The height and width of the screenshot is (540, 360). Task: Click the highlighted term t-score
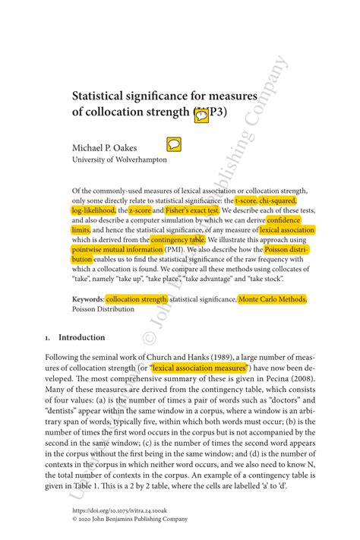pyautogui.click(x=245, y=200)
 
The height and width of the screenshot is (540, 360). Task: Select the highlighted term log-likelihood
pyautogui.click(x=93, y=210)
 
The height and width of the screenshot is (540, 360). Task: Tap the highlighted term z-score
pyautogui.click(x=139, y=210)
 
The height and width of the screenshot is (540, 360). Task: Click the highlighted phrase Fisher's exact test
pyautogui.click(x=192, y=210)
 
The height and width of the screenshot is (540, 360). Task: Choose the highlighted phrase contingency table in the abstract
pyautogui.click(x=178, y=238)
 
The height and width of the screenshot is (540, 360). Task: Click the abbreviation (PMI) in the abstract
pyautogui.click(x=173, y=248)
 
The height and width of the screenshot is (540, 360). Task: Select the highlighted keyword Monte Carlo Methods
pyautogui.click(x=272, y=300)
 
